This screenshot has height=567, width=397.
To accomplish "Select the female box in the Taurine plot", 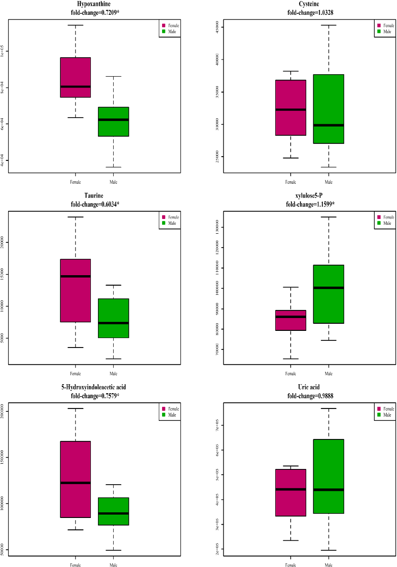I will pyautogui.click(x=75, y=290).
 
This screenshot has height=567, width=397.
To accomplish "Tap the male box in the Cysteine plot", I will pyautogui.click(x=329, y=109).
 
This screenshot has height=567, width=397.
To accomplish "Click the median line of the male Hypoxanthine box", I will pyautogui.click(x=113, y=120).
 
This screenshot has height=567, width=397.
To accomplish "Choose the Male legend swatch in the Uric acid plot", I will pyautogui.click(x=379, y=415).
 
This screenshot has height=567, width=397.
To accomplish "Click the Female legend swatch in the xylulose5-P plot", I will pyautogui.click(x=379, y=217).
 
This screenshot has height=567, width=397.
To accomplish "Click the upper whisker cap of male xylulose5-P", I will pyautogui.click(x=329, y=217).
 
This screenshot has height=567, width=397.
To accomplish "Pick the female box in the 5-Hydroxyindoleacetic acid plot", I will pyautogui.click(x=75, y=479).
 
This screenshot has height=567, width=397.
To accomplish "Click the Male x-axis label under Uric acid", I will pyautogui.click(x=329, y=565).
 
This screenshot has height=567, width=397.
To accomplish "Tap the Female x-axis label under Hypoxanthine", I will pyautogui.click(x=75, y=181).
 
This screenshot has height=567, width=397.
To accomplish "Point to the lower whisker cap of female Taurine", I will pyautogui.click(x=75, y=348).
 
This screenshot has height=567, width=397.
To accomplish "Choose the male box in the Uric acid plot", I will pyautogui.click(x=329, y=476).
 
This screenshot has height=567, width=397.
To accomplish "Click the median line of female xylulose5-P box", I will pyautogui.click(x=290, y=317).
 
